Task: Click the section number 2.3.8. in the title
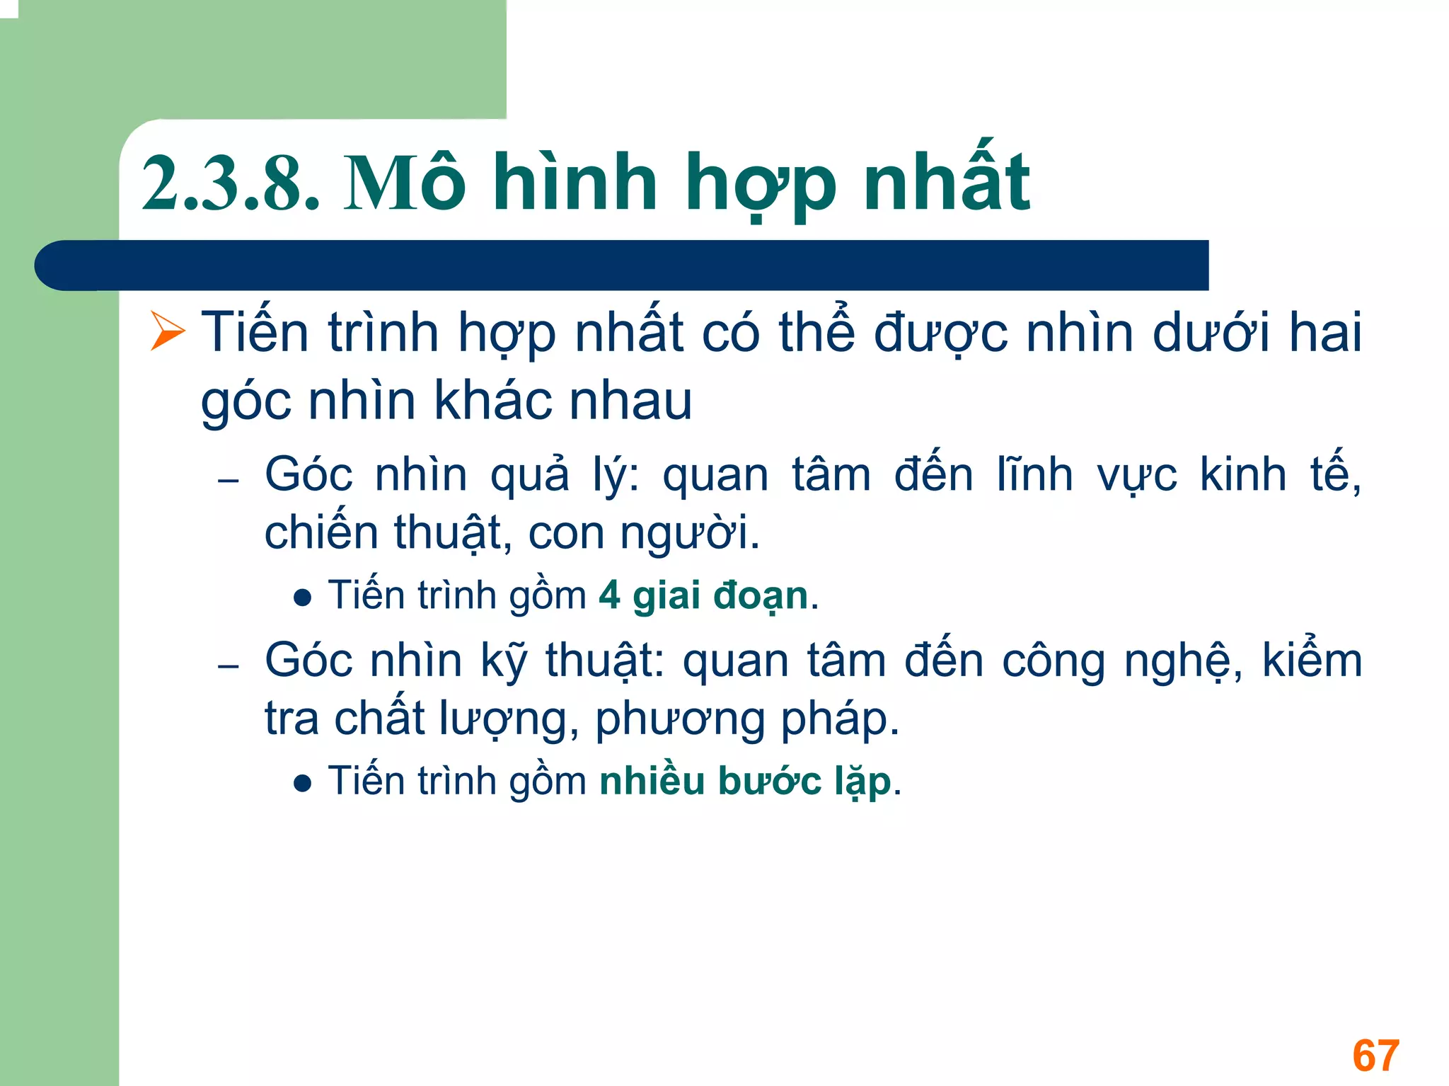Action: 231,184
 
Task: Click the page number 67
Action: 1375,1056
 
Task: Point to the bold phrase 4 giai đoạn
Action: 703,595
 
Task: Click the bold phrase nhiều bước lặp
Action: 745,782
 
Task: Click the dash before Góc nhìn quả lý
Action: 229,481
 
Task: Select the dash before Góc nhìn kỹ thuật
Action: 229,667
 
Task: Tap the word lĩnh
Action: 1034,474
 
